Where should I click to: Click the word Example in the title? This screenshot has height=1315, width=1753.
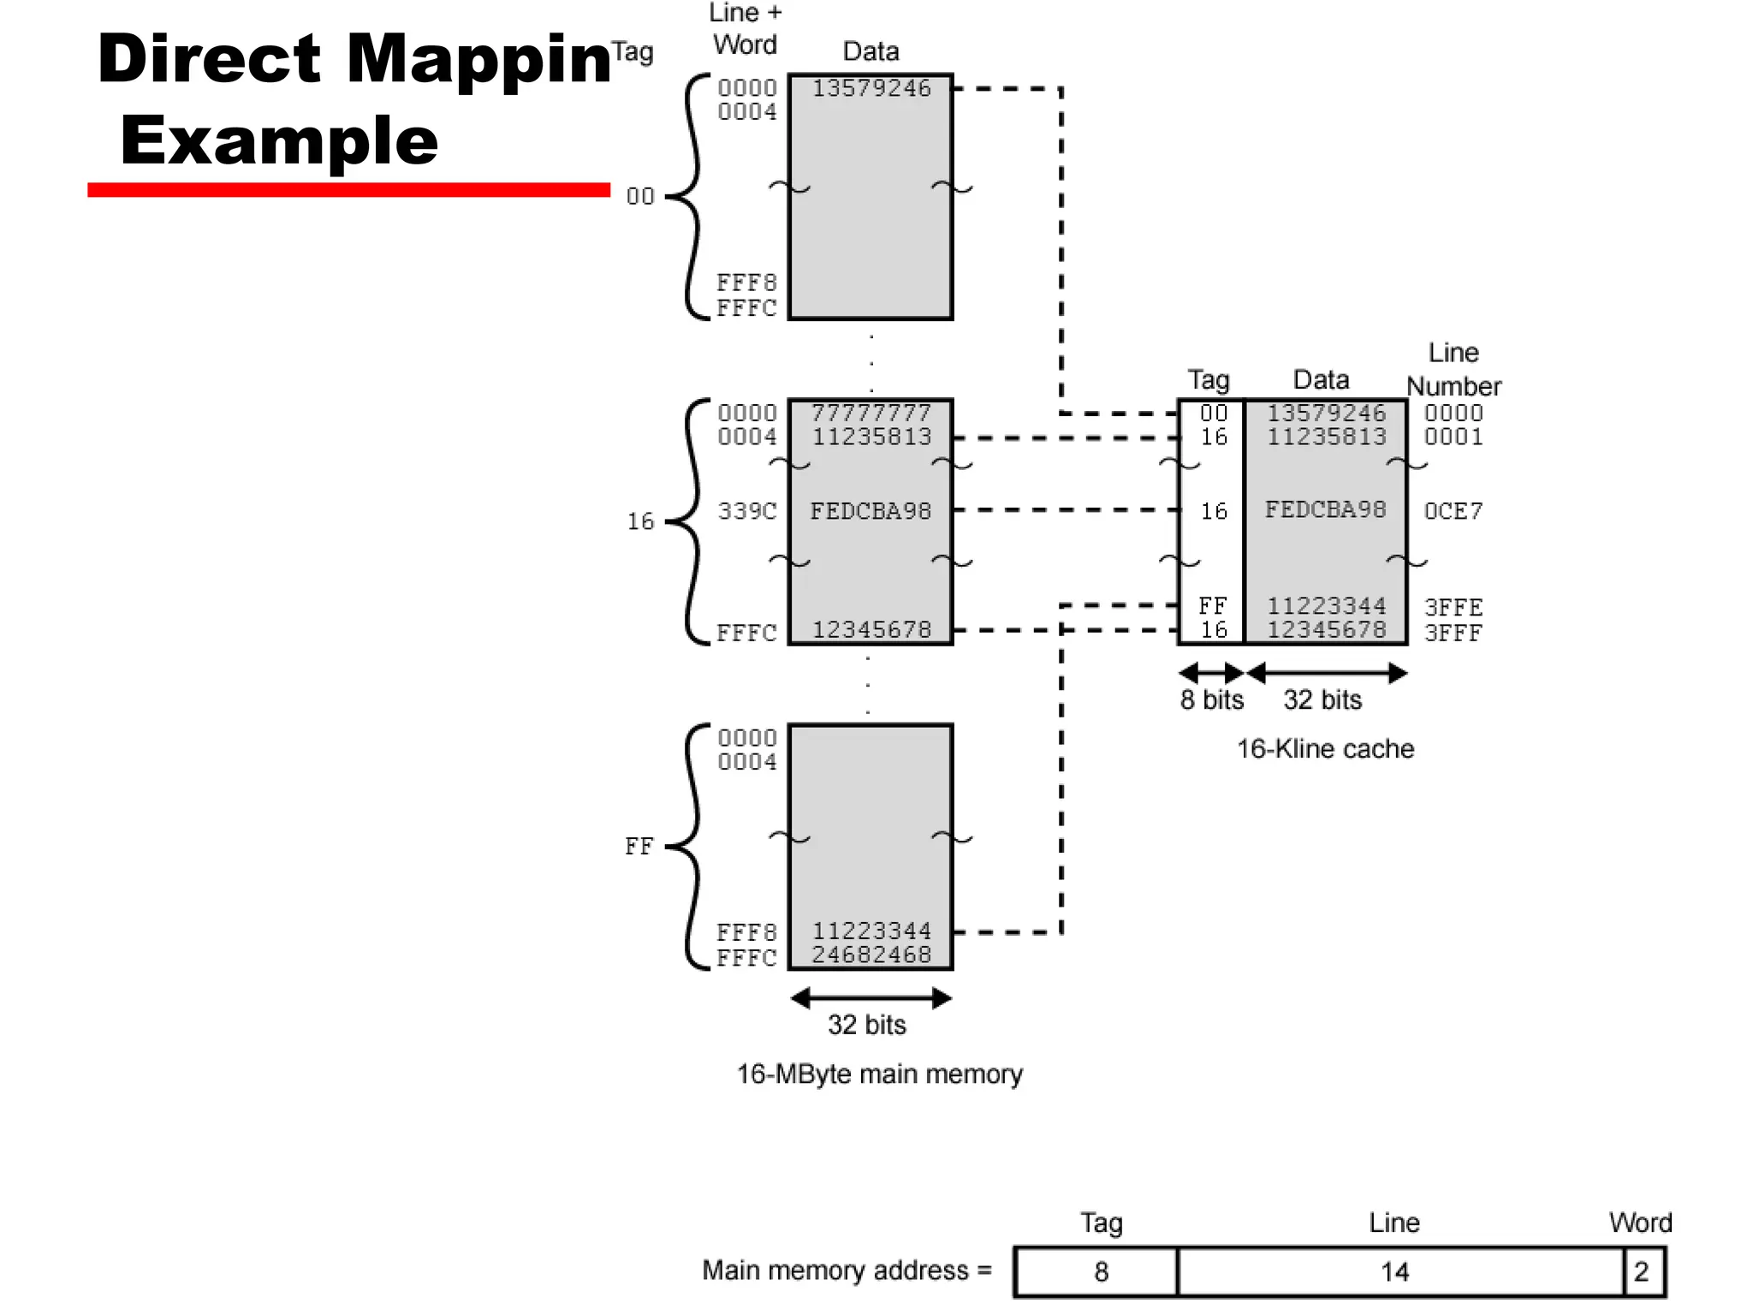(x=279, y=140)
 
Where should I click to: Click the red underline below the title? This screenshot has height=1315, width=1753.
(x=348, y=189)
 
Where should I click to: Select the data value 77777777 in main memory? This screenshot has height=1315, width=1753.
(x=871, y=413)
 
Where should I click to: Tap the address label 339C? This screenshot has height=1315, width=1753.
(x=746, y=511)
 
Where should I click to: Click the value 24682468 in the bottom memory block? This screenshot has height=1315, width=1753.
(x=871, y=955)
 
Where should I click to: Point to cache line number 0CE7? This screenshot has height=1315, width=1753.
(x=1453, y=511)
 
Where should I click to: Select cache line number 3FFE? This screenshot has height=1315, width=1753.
(x=1453, y=607)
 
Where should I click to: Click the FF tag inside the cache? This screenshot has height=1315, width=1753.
(x=1212, y=606)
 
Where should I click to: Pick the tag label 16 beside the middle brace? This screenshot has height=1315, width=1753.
(x=640, y=521)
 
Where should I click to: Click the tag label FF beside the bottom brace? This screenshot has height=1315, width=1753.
(x=639, y=847)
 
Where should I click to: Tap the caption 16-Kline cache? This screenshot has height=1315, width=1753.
(x=1324, y=749)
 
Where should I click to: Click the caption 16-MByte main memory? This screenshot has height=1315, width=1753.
(x=879, y=1074)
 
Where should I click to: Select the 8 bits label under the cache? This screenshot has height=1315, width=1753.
(x=1211, y=700)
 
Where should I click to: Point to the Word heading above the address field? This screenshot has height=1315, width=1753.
(x=1639, y=1223)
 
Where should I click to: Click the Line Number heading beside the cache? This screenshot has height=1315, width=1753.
(x=1453, y=370)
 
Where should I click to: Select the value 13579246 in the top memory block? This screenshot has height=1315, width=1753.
(x=871, y=88)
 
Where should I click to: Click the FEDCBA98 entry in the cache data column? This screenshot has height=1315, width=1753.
(x=1324, y=510)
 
